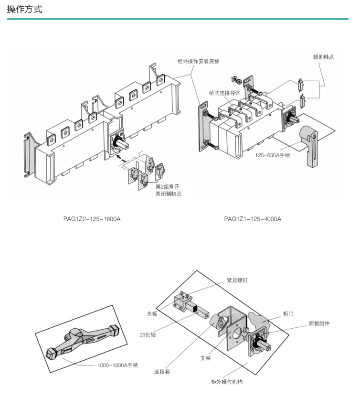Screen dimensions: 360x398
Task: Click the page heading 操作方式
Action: click(24, 10)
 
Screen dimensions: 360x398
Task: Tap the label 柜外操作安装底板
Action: click(198, 61)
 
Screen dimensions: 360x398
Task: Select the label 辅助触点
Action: click(323, 57)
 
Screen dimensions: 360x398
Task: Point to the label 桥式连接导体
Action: click(224, 93)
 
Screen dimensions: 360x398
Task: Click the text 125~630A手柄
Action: click(273, 155)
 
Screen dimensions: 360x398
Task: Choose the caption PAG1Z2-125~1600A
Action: click(92, 219)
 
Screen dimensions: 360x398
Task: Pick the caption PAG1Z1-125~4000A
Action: click(253, 219)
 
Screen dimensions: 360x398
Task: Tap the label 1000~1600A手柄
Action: click(118, 365)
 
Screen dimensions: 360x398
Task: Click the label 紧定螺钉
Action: click(237, 280)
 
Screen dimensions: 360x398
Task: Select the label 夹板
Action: click(152, 314)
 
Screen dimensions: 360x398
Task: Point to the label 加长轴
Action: click(148, 334)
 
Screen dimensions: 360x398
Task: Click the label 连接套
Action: click(162, 372)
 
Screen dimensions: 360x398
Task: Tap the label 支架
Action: click(205, 358)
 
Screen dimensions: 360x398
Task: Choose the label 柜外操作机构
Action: click(227, 382)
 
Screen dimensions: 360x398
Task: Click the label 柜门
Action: click(288, 314)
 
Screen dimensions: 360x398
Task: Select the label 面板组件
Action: click(319, 323)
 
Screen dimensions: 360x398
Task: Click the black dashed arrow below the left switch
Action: click(122, 159)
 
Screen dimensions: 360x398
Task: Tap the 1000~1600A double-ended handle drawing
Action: click(83, 340)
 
